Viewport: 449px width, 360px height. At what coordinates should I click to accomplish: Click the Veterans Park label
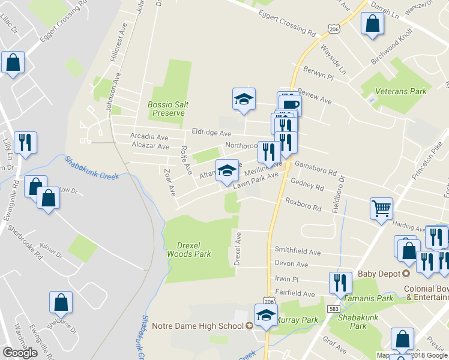pyautogui.click(x=400, y=91)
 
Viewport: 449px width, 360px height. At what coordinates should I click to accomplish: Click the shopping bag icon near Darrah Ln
pyautogui.click(x=372, y=24)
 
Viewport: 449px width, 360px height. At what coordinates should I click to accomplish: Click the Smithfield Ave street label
pyautogui.click(x=298, y=250)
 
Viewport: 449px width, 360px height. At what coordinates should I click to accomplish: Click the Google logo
pyautogui.click(x=20, y=352)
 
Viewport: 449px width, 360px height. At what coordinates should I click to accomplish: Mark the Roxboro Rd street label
pyautogui.click(x=304, y=204)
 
